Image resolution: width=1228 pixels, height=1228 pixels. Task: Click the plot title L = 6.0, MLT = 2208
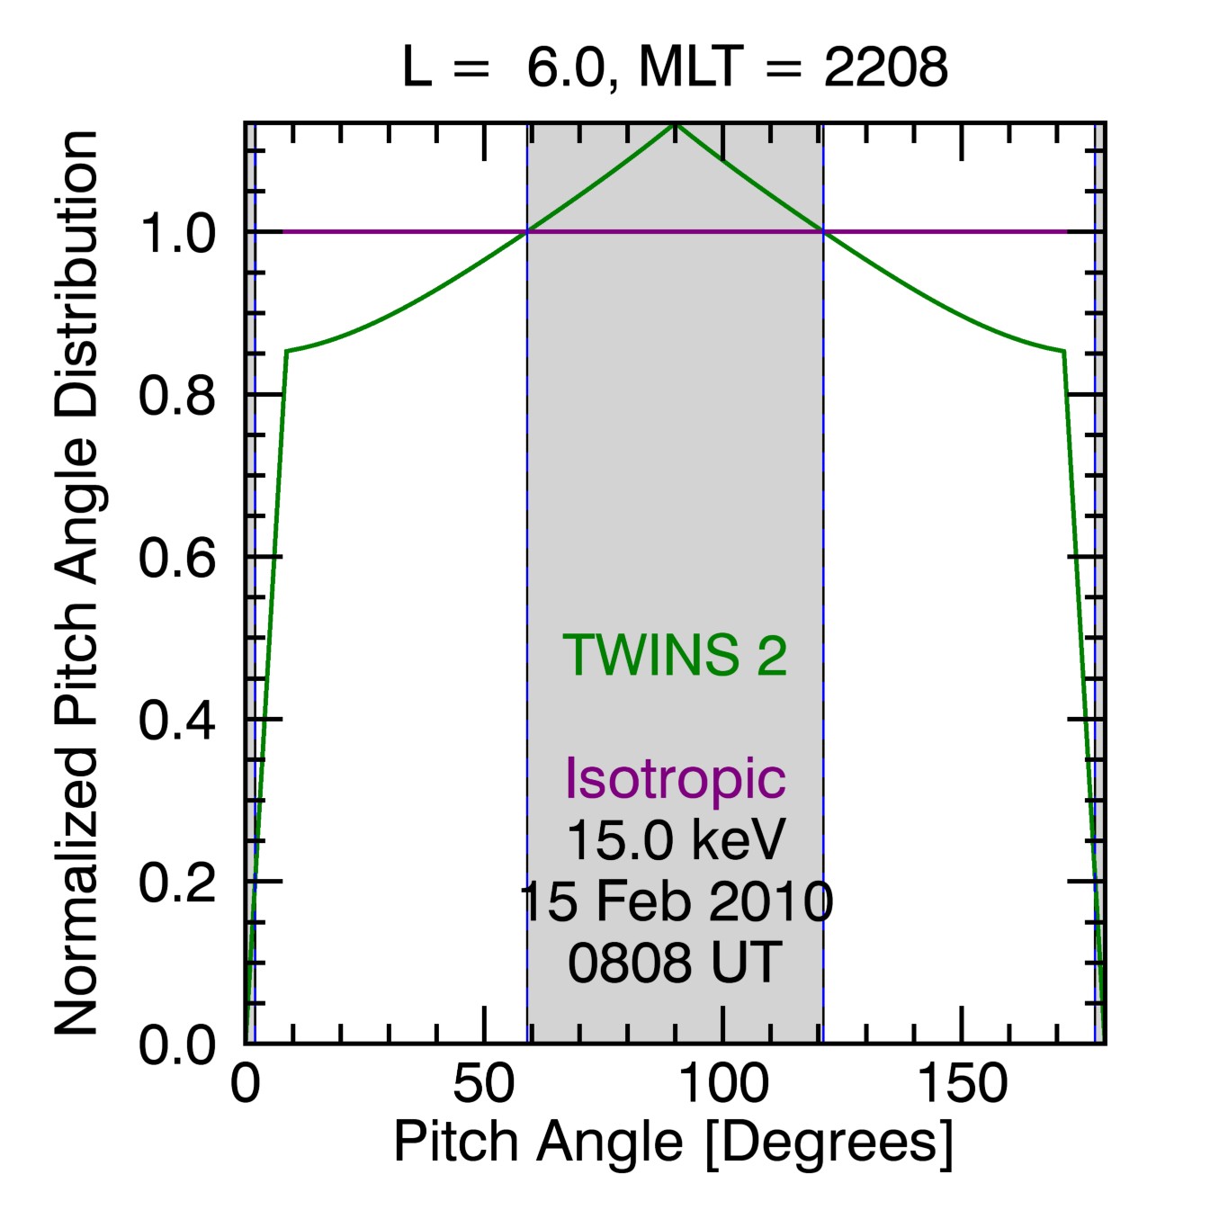point(675,67)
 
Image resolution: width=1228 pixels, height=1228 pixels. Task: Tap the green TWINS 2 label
point(675,655)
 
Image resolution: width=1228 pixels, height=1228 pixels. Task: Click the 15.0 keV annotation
point(675,839)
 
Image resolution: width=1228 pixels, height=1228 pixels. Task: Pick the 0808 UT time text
point(675,963)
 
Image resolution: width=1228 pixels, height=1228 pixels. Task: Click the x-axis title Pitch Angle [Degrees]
point(673,1143)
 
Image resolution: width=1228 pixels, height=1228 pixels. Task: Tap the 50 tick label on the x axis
point(484,1084)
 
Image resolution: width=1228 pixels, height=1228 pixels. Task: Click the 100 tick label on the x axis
point(723,1084)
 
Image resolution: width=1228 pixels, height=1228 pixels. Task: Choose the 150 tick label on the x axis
point(962,1084)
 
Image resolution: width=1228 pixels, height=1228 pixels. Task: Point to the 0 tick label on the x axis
point(245,1084)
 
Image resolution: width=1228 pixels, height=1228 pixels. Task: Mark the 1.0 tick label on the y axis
point(177,233)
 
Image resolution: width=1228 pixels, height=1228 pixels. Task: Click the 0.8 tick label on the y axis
point(177,395)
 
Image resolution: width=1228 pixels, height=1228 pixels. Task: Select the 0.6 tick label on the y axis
point(177,558)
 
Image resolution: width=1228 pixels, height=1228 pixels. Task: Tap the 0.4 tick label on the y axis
point(177,720)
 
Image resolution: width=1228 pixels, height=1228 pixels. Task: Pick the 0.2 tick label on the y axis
point(177,882)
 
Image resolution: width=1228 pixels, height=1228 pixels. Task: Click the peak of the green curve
point(675,124)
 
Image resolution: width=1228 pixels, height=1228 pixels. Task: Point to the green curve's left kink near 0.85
point(286,351)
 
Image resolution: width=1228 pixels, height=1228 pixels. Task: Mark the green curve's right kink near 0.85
point(1064,351)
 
